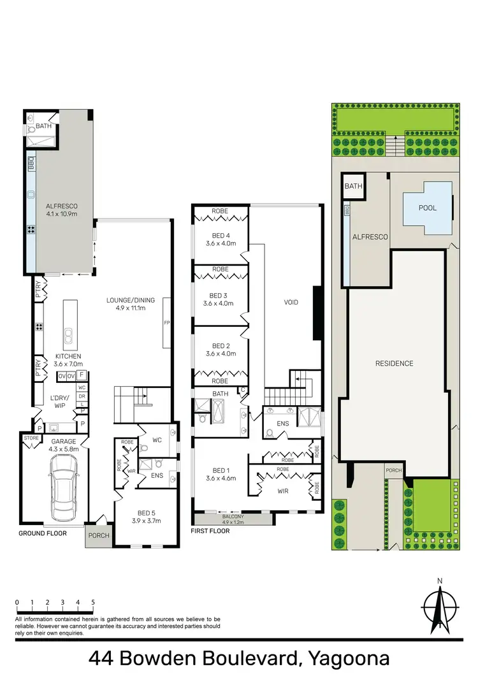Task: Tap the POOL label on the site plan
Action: pyautogui.click(x=428, y=208)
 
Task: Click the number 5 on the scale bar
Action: pyautogui.click(x=93, y=602)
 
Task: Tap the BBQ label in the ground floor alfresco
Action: pyautogui.click(x=31, y=164)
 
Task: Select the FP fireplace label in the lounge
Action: pyautogui.click(x=166, y=322)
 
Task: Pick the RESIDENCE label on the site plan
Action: pyautogui.click(x=395, y=364)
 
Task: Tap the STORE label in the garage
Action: pyautogui.click(x=31, y=438)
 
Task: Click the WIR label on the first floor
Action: pyautogui.click(x=282, y=491)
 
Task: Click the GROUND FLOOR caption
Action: pyautogui.click(x=42, y=533)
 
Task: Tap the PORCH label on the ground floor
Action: pyautogui.click(x=98, y=536)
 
